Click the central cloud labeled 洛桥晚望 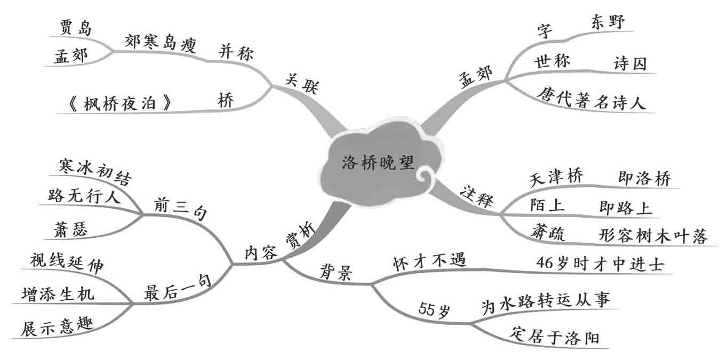(x=377, y=163)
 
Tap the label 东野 (x=608, y=22)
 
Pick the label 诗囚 (x=630, y=64)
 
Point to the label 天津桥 (x=556, y=177)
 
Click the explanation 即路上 (x=625, y=207)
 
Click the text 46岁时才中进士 (x=600, y=263)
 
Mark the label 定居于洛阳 (x=554, y=337)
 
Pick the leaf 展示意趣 (x=57, y=326)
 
